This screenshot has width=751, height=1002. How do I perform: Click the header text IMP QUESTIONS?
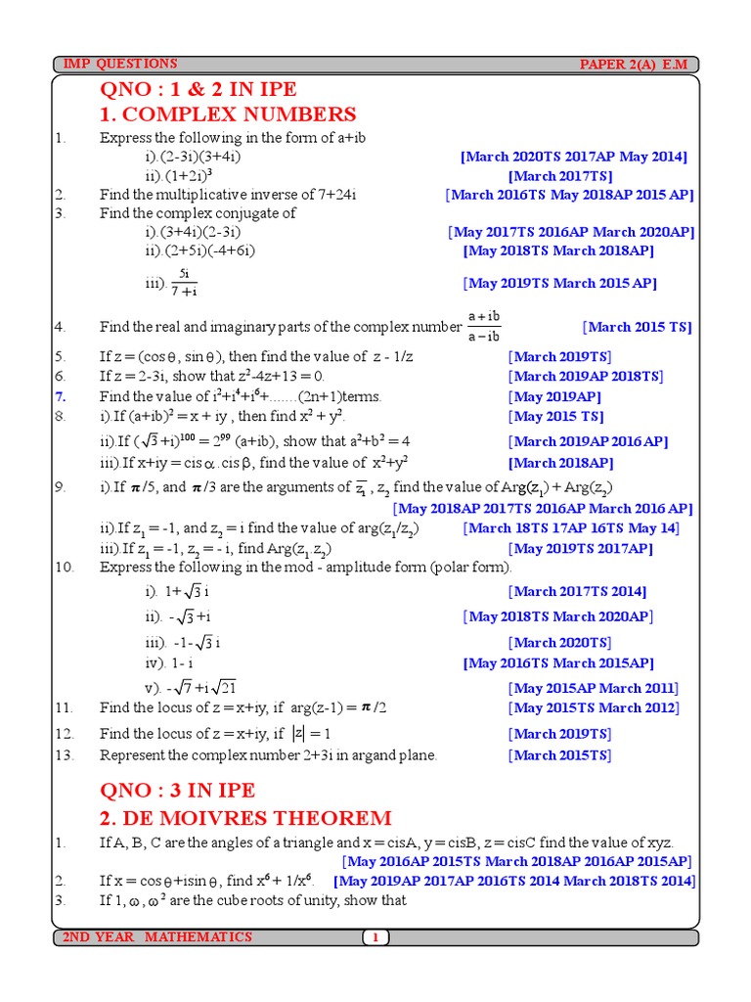pyautogui.click(x=120, y=64)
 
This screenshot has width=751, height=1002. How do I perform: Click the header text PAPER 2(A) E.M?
pyautogui.click(x=633, y=65)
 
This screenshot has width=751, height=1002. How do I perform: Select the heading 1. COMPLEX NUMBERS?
pyautogui.click(x=228, y=114)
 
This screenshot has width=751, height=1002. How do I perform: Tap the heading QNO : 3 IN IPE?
pyautogui.click(x=177, y=790)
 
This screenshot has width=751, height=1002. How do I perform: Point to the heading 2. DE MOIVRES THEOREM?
pyautogui.click(x=245, y=818)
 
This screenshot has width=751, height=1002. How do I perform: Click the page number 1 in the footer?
pyautogui.click(x=375, y=937)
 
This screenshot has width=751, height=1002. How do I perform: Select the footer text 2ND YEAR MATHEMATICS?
pyautogui.click(x=157, y=937)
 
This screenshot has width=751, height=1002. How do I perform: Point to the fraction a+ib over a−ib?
pyautogui.click(x=483, y=327)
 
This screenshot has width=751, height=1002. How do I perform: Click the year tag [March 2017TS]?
pyautogui.click(x=560, y=176)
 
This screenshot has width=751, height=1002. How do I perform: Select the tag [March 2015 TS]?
pyautogui.click(x=638, y=328)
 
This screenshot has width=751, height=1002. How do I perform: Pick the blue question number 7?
pyautogui.click(x=60, y=396)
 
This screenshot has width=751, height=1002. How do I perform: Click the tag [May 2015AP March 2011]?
pyautogui.click(x=595, y=688)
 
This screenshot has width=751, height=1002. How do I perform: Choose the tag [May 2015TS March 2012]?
pyautogui.click(x=594, y=707)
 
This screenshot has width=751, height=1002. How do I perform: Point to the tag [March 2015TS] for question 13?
pyautogui.click(x=559, y=754)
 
